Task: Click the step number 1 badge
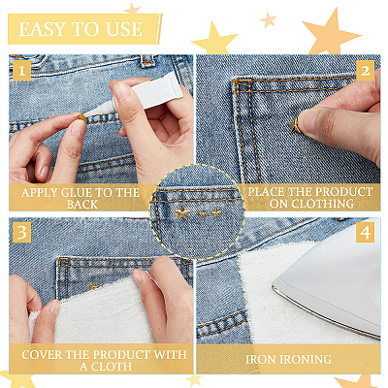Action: coord(21,70)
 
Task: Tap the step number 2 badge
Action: coord(365,71)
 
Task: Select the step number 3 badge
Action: coord(21,232)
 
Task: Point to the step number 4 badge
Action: coord(365,232)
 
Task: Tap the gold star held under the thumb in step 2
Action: coord(294,126)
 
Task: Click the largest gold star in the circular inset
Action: coord(182,212)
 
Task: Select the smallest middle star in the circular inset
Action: coord(203,213)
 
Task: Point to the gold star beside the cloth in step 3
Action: coord(94,286)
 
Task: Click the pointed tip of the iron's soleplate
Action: coord(274,285)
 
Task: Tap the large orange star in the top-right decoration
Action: coord(331,33)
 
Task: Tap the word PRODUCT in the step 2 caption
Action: coord(339,192)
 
